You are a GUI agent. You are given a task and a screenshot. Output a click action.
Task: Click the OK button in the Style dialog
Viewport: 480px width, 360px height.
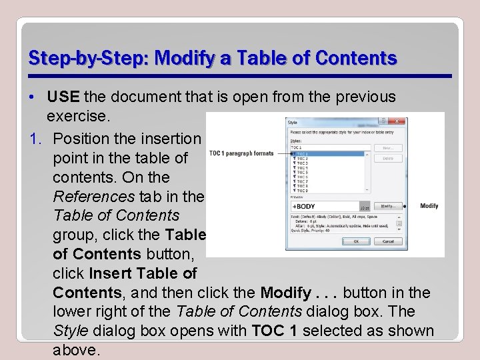point(356,241)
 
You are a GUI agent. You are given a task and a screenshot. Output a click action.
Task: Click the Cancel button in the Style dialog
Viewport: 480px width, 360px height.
point(388,241)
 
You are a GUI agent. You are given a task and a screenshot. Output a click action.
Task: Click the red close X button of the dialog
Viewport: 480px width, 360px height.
point(397,121)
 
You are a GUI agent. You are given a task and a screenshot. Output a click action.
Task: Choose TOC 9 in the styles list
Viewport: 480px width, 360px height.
point(302,191)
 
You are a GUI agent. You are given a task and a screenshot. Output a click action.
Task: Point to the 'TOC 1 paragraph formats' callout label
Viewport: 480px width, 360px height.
point(241,153)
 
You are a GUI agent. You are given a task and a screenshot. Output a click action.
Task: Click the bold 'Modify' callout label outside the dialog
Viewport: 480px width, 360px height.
point(429,206)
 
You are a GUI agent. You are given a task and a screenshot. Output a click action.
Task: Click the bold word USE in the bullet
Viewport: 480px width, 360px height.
point(63,97)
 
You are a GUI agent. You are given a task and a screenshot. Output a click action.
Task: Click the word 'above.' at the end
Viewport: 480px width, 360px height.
point(76,351)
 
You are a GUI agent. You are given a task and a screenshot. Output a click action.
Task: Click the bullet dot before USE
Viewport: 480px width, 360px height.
point(33,97)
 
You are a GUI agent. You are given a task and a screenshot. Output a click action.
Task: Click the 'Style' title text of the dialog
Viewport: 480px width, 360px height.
point(293,122)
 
